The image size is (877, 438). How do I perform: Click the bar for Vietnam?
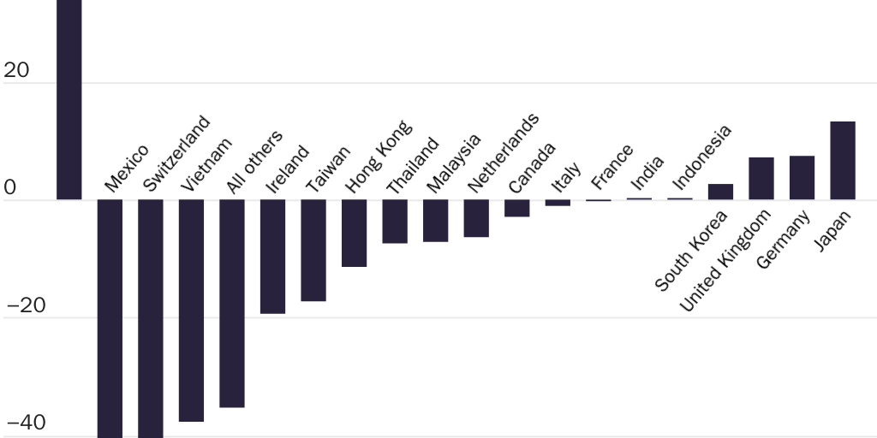(x=191, y=310)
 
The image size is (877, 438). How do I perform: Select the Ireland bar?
(x=272, y=256)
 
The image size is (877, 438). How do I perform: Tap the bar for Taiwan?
(x=313, y=250)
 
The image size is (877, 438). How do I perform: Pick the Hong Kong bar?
(x=354, y=233)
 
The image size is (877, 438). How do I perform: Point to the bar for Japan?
(x=843, y=160)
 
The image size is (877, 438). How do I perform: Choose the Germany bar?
(x=802, y=177)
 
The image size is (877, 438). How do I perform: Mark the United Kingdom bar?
(x=761, y=178)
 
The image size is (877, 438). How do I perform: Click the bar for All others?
(x=232, y=303)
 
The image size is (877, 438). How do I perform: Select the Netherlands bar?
(x=476, y=218)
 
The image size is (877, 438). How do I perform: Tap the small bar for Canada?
(x=516, y=208)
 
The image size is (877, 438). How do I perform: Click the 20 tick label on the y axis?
(x=16, y=72)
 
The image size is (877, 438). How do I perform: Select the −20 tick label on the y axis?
(x=25, y=306)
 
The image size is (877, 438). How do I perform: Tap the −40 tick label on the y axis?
(x=25, y=423)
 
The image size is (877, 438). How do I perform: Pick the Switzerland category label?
(x=176, y=153)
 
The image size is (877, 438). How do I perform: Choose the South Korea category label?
(x=691, y=250)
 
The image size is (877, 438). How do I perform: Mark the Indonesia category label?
(x=702, y=157)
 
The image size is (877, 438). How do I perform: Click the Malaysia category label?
(x=454, y=163)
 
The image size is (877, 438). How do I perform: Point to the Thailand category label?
(x=413, y=165)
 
